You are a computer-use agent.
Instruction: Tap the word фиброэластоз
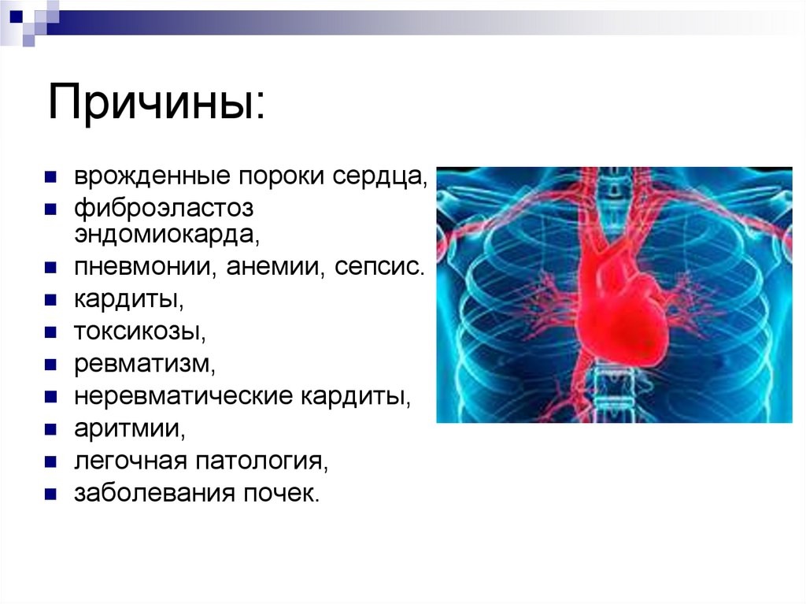(164, 209)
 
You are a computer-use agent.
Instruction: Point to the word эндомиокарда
(167, 235)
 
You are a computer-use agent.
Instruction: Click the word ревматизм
(145, 365)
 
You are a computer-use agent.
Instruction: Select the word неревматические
(183, 396)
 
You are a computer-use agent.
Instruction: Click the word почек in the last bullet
(281, 493)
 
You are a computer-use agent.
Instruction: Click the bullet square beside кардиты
(50, 301)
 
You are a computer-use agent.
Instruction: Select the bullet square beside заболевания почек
(50, 495)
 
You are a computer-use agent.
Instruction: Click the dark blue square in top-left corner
(17, 17)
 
